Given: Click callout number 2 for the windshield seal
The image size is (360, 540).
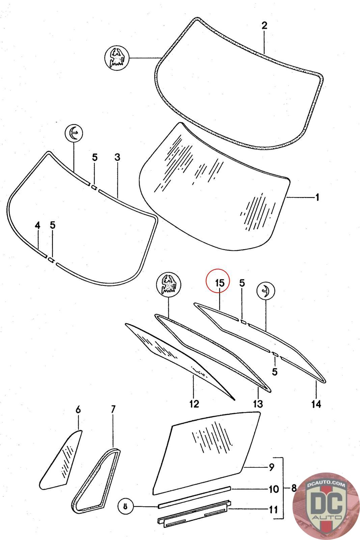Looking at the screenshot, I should tap(264, 25).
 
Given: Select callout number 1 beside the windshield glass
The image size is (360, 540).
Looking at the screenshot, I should tap(317, 197).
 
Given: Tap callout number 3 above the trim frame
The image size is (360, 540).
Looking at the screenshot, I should tap(117, 157).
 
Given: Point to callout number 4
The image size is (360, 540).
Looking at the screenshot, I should tap(37, 225).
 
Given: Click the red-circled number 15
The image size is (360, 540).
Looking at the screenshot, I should tap(219, 282).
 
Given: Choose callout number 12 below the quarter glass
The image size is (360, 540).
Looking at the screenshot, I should tap(194, 404).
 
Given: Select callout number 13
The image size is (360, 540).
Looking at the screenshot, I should tap(258, 404).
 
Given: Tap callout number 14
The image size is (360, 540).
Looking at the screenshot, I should tap(316, 404).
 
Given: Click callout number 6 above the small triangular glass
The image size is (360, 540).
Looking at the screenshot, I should tap(78, 410).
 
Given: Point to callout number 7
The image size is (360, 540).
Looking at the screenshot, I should tap(113, 409).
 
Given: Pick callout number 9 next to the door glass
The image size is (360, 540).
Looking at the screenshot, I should tap(272, 467).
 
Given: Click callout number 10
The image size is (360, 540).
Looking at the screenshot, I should tap(274, 488).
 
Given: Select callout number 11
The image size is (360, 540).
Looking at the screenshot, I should tap(274, 509).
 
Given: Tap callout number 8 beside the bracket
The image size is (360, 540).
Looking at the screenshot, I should tap(294, 488).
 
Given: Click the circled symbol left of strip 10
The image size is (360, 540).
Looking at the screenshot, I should tap(125, 506).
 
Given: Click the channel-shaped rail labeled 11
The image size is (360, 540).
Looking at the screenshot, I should tap(194, 512).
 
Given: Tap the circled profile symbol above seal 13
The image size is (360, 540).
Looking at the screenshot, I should tap(168, 285).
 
